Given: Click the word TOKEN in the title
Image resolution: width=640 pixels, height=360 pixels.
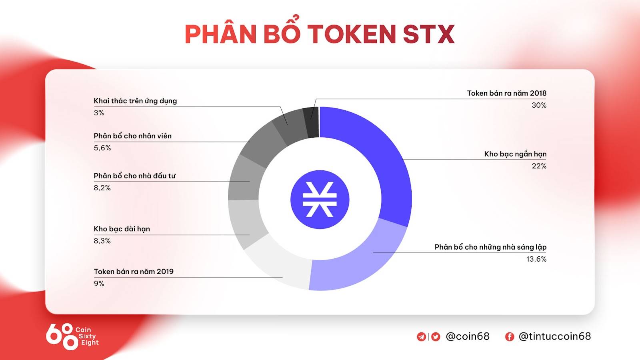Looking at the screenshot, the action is click(352, 34).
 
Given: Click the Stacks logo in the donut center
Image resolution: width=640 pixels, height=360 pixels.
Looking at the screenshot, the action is click(320, 200).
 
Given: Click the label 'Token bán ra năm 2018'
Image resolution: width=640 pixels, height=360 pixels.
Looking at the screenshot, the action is click(506, 93).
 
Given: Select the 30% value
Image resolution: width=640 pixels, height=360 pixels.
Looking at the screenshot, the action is click(539, 105).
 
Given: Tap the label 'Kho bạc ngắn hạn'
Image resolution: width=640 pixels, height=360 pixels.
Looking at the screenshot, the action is click(515, 154).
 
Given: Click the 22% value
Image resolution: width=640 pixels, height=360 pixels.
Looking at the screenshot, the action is click(539, 166).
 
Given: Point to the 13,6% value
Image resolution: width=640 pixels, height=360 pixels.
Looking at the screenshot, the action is click(536, 259).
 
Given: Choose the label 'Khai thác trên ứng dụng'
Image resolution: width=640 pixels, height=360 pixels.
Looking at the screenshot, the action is click(135, 101).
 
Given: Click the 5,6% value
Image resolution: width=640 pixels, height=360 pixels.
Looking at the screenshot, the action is click(102, 148).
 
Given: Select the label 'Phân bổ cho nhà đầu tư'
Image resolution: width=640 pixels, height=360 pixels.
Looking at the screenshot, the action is click(134, 176).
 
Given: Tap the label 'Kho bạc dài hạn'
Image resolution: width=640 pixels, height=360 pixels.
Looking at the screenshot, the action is click(122, 229).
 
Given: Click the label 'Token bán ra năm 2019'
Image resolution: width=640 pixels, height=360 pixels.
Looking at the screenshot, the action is click(134, 272).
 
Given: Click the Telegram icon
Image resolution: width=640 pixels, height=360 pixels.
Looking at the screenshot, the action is click(422, 336).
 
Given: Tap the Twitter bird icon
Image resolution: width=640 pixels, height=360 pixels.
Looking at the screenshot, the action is click(436, 336).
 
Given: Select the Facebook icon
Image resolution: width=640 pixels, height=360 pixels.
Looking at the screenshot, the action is click(510, 336).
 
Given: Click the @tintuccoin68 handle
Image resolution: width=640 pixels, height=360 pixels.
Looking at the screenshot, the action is click(554, 336).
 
